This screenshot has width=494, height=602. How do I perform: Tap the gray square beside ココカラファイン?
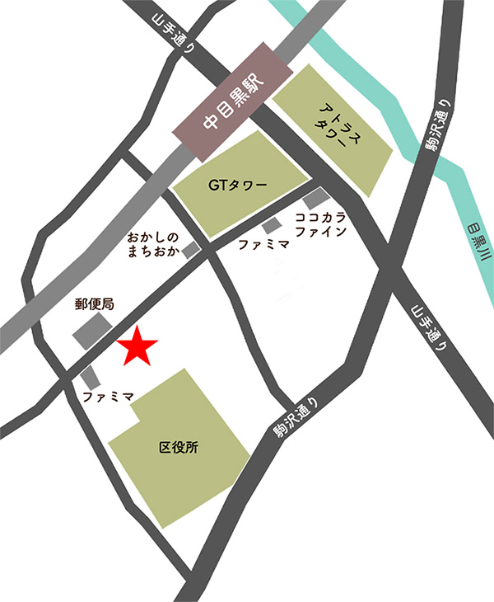click(x=314, y=200)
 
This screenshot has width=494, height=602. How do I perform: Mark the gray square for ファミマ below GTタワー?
click(x=271, y=226)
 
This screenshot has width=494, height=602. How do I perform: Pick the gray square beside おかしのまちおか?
click(x=191, y=249)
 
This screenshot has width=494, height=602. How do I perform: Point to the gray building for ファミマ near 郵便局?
click(x=91, y=377)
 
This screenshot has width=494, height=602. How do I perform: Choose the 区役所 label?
click(x=177, y=449)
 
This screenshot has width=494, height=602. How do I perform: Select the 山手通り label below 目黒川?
click(x=432, y=330)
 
